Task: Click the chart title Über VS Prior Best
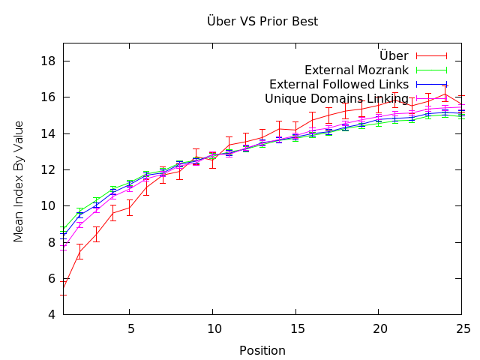(x=262, y=21)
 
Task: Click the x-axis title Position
(x=262, y=350)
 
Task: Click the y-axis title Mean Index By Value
(x=19, y=181)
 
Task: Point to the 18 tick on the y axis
(x=46, y=61)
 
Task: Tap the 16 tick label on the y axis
(x=46, y=97)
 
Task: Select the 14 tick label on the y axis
(x=46, y=133)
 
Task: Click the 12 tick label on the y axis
(x=46, y=170)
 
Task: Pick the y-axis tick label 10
(x=46, y=206)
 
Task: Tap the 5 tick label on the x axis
(x=130, y=328)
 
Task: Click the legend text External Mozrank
(x=355, y=70)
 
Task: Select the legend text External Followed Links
(x=338, y=85)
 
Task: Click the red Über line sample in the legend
(x=431, y=56)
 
